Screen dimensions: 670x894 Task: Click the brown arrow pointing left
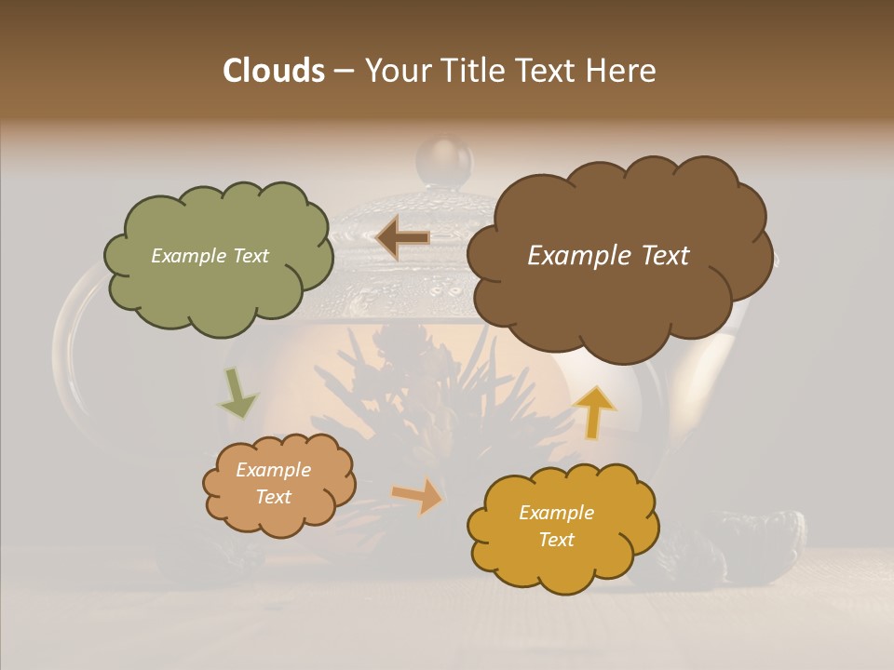tap(402, 238)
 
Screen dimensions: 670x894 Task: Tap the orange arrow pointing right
tap(418, 495)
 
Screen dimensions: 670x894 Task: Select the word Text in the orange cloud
tap(274, 497)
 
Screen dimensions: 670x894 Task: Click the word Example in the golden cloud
tap(556, 513)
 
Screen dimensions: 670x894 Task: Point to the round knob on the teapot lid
tap(444, 160)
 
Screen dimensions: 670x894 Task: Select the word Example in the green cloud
tap(187, 256)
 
